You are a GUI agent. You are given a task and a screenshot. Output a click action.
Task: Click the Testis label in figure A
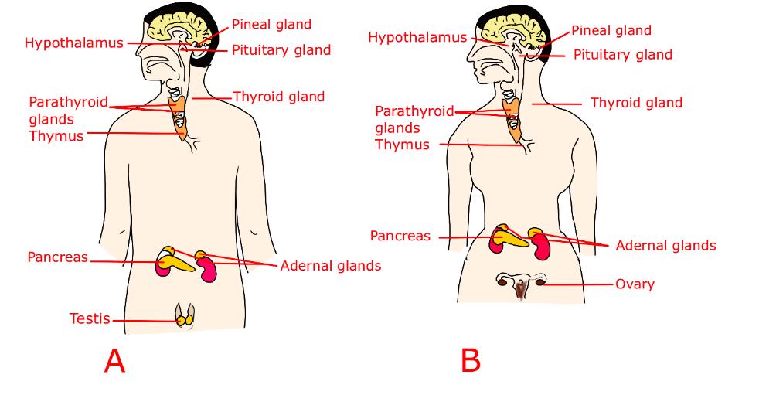click(90, 318)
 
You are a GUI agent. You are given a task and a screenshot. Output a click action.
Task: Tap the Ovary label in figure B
click(635, 284)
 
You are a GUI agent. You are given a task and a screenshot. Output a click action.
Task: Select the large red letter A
click(114, 361)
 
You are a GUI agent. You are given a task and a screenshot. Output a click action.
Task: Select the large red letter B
click(471, 360)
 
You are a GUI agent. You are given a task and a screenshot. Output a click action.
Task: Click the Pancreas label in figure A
click(57, 257)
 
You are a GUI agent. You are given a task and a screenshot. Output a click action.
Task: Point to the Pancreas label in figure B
click(400, 237)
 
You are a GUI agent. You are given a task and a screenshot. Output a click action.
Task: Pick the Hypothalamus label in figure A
click(73, 43)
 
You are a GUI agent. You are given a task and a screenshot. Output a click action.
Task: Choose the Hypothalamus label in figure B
click(417, 37)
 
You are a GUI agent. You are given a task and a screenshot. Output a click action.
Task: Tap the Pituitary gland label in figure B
click(622, 55)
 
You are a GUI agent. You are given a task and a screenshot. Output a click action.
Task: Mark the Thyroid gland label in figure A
click(278, 97)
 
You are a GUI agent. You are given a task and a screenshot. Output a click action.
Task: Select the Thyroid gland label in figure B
click(636, 103)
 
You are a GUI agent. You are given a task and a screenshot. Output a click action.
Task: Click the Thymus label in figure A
click(56, 136)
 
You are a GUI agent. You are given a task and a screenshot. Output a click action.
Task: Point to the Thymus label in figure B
click(402, 145)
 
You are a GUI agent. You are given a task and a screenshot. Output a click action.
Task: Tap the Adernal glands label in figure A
click(331, 266)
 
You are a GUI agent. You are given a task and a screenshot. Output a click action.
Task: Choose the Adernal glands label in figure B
click(665, 246)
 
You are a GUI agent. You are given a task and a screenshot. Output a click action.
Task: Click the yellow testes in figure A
click(185, 318)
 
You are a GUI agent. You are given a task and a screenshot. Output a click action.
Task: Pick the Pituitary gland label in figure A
click(281, 50)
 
